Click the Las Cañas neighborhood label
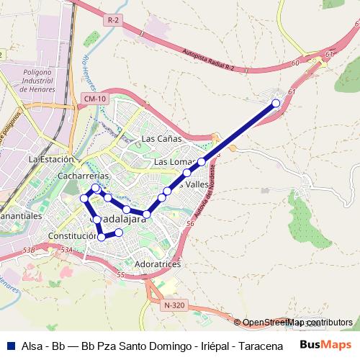coord(161,138)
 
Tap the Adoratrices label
coord(158,264)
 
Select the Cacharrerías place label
coord(85,176)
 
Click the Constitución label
coord(72,235)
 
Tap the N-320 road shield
coord(174,305)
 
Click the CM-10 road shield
coord(94,98)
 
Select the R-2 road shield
coord(112,21)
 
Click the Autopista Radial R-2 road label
coord(209,59)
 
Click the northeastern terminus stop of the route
coord(276,104)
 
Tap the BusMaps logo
coord(322,345)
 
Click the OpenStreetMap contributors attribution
coord(297,323)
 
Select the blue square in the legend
coord(9,346)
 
